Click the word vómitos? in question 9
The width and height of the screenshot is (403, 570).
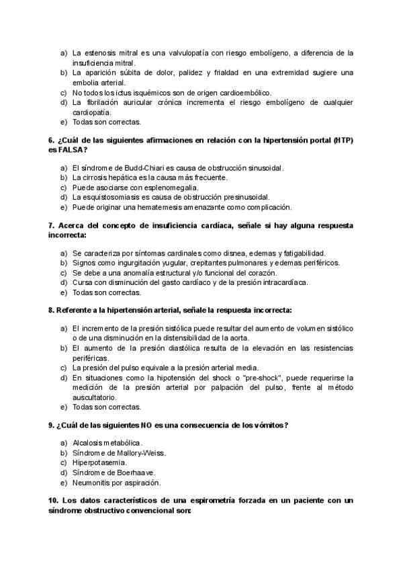[271, 425]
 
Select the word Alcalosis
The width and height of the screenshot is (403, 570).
[89, 443]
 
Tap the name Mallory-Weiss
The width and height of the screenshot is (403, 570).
[141, 453]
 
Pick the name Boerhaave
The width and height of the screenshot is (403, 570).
[140, 473]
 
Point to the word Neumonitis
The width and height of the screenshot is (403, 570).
[91, 483]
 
